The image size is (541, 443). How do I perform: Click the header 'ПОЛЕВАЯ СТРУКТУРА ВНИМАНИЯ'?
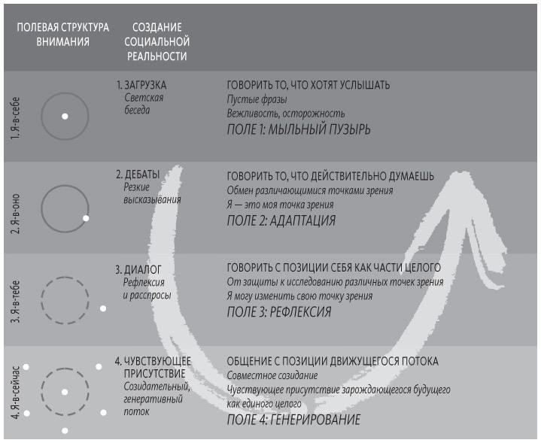[62, 35]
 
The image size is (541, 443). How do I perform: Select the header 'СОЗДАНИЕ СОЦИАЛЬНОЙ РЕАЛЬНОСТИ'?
[157, 42]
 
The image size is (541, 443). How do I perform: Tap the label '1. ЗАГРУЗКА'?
[141, 85]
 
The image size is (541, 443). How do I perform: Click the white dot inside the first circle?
[65, 117]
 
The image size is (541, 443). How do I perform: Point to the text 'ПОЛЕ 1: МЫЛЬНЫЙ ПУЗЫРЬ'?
[299, 129]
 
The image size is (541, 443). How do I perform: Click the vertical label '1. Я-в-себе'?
[16, 118]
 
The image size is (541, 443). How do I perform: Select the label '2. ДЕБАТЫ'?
[138, 174]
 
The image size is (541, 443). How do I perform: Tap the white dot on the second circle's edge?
[86, 218]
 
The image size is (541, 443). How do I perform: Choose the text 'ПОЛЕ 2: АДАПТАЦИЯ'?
[281, 220]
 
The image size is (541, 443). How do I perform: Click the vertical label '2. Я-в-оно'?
[16, 214]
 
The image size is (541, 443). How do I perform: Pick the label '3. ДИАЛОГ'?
[138, 269]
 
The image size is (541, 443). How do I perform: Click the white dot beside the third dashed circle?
[103, 308]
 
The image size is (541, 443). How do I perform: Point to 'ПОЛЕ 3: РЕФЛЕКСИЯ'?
[279, 312]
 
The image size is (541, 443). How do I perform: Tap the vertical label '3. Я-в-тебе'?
[16, 302]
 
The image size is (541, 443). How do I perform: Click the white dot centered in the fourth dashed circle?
[65, 392]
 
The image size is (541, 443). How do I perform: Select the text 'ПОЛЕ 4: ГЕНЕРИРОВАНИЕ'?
[293, 420]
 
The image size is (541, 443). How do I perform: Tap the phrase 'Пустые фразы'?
[257, 99]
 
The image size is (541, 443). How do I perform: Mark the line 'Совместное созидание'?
[272, 375]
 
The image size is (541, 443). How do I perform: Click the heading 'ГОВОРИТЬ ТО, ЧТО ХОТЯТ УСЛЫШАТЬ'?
[308, 85]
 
